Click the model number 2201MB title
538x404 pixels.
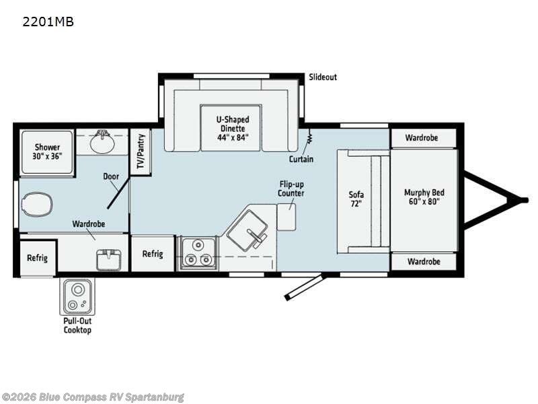point(48,22)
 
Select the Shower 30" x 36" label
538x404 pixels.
point(48,151)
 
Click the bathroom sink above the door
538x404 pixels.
point(102,143)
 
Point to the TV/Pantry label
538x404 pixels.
point(141,152)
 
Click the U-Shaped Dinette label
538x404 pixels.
point(233,128)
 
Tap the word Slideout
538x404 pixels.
point(323,77)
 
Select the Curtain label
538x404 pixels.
point(301,160)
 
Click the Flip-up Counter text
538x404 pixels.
point(292,189)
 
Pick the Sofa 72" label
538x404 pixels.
point(356,199)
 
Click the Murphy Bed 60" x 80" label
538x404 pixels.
point(424,197)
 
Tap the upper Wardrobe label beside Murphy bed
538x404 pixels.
point(422,138)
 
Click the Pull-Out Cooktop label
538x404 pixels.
point(77,325)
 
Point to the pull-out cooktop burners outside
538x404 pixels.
point(77,297)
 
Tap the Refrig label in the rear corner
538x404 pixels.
point(37,257)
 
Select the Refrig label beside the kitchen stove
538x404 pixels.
point(153,254)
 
